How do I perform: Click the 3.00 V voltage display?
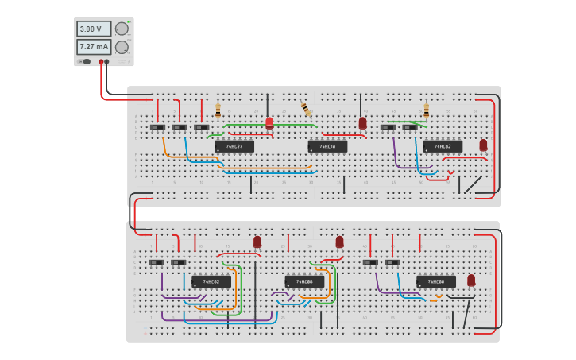coord(93,29)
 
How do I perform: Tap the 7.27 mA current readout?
coord(93,47)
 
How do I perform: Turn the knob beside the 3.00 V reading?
coord(122,29)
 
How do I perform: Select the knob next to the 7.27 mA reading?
coord(122,47)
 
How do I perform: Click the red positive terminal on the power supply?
coord(101,61)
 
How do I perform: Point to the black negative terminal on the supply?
coord(107,61)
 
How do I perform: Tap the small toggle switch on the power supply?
coord(85,61)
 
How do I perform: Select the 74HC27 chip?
coord(234,146)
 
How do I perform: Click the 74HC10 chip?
coord(327,146)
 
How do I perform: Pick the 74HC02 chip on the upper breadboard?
coord(443,146)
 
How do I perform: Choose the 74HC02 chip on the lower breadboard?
coord(211,281)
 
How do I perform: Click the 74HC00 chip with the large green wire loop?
coord(304,281)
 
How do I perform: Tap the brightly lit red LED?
coord(269,122)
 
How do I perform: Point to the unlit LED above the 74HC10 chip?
coord(363,122)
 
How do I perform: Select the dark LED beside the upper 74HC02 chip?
coord(483,145)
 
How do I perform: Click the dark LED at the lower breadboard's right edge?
coord(471,280)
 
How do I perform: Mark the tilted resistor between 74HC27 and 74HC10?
coord(306,109)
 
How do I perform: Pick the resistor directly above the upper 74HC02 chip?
coord(426,110)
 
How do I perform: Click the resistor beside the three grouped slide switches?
coord(218,110)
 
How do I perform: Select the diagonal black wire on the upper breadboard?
coord(473,184)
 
